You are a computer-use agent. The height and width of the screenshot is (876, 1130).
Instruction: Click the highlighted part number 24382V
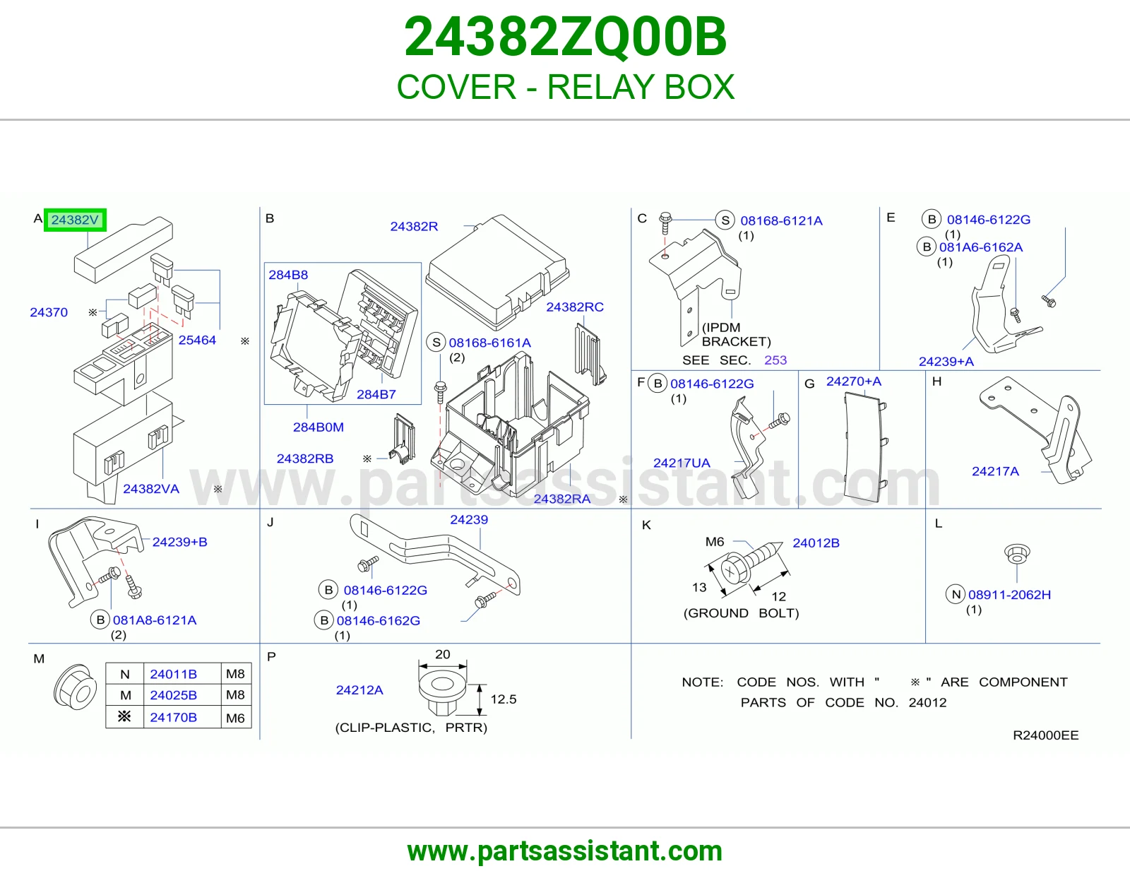click(75, 220)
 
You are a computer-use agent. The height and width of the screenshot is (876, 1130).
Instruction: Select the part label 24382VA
click(151, 489)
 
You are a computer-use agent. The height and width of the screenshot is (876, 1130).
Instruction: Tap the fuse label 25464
click(197, 341)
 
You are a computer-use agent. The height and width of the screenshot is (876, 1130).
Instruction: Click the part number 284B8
click(288, 275)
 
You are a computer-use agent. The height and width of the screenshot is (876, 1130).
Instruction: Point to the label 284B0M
click(319, 427)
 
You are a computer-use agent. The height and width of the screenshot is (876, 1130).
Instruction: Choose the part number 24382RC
click(575, 307)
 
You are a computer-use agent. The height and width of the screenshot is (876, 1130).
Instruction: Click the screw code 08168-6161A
click(490, 343)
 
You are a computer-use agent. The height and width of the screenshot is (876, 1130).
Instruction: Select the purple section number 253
click(775, 360)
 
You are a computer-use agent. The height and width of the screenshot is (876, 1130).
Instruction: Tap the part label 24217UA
click(682, 463)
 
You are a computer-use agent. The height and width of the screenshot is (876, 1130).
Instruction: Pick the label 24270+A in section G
click(854, 381)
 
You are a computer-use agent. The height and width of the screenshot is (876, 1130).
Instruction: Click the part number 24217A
click(995, 471)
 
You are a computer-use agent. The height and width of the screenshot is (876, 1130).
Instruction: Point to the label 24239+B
click(180, 542)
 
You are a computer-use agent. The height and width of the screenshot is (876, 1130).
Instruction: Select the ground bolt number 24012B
click(816, 543)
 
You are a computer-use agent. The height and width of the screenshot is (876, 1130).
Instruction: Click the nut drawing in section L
click(1017, 553)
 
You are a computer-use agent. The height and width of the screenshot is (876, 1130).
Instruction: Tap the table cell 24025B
click(173, 695)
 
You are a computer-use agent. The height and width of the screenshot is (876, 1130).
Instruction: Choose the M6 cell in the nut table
click(235, 718)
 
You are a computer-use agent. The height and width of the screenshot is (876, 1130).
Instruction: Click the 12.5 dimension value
click(504, 699)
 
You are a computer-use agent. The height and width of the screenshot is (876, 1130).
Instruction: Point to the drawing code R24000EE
click(1046, 735)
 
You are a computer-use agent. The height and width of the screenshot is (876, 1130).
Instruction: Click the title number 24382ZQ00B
click(565, 37)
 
